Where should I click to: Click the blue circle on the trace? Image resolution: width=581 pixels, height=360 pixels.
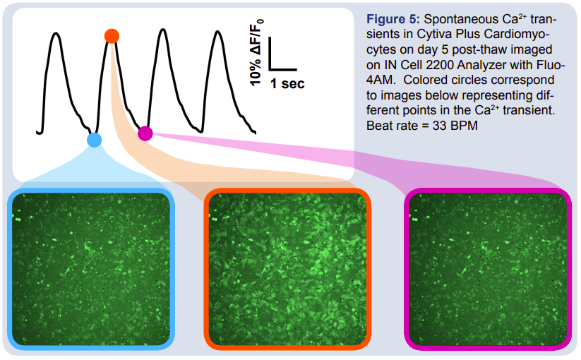tap(94, 140)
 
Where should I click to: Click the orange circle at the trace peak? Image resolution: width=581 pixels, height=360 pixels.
tap(111, 36)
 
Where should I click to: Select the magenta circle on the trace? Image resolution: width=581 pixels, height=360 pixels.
tap(145, 133)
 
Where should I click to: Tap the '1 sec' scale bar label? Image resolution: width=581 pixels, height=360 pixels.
tap(287, 84)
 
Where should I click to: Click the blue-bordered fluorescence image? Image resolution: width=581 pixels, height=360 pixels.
tap(91, 270)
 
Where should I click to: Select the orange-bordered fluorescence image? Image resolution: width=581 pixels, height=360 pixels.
tap(287, 270)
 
